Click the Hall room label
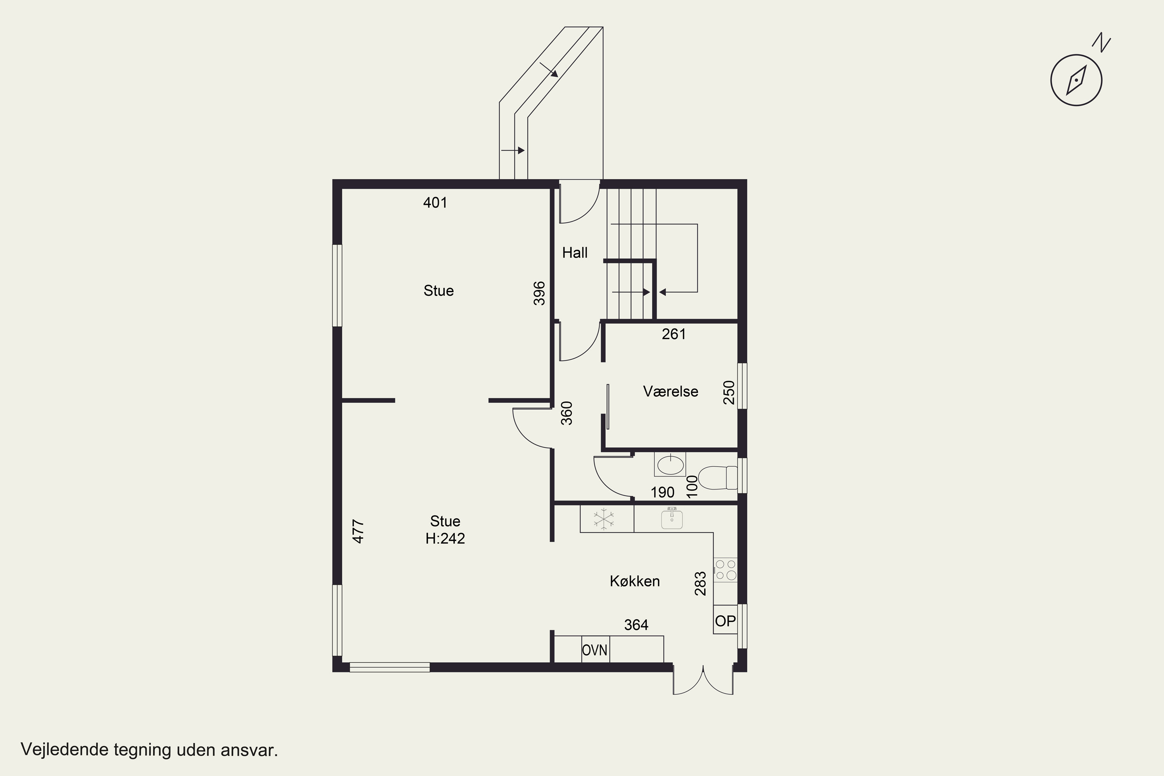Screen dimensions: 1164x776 pyautogui.click(x=575, y=253)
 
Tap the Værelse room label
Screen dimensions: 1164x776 pyautogui.click(x=670, y=391)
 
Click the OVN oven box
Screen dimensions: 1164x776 pyautogui.click(x=595, y=649)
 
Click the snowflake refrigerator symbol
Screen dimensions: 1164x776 pyautogui.click(x=604, y=519)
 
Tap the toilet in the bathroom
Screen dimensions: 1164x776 pyautogui.click(x=717, y=478)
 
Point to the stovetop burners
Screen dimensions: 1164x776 pyautogui.click(x=726, y=570)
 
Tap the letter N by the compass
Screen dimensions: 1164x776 pyautogui.click(x=1101, y=43)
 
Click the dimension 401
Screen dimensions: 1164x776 pyautogui.click(x=435, y=203)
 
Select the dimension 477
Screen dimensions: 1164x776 pyautogui.click(x=358, y=532)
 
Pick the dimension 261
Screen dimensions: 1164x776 pyautogui.click(x=674, y=334)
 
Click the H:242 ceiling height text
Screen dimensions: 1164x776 pyautogui.click(x=445, y=539)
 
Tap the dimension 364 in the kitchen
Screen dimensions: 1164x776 pyautogui.click(x=636, y=625)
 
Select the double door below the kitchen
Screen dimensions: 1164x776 pyautogui.click(x=703, y=681)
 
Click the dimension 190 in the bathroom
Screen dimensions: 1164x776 pyautogui.click(x=662, y=492)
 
